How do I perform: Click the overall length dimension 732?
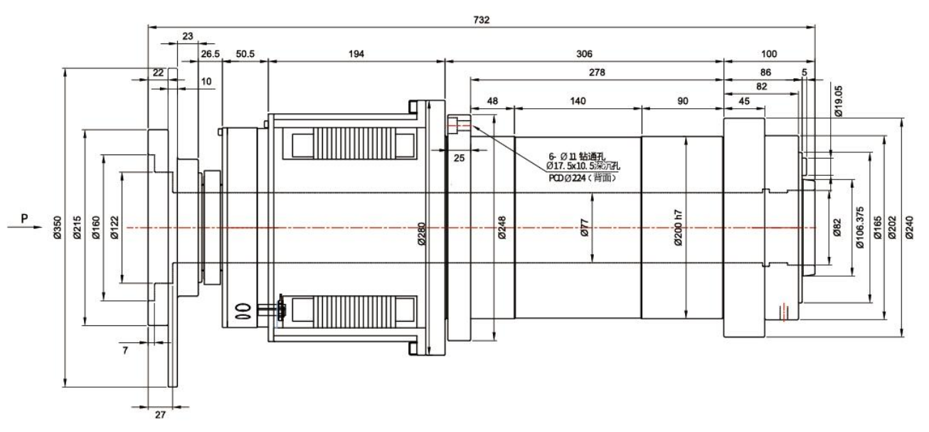click(482, 20)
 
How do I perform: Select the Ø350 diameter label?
click(58, 228)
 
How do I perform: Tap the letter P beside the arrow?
click(25, 218)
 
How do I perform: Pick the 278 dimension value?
click(595, 73)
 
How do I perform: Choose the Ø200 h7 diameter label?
click(678, 228)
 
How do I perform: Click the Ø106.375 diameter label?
click(860, 228)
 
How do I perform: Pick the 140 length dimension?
click(578, 102)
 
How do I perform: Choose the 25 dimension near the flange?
click(459, 158)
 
